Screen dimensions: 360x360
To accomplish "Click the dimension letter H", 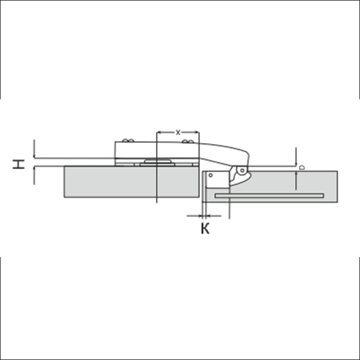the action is point(19,164).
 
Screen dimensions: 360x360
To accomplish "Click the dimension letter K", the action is point(205,228).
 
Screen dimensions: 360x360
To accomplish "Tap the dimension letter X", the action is point(178,132).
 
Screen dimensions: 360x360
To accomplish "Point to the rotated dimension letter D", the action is point(302,167).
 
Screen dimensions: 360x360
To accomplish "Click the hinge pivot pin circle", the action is point(242,171).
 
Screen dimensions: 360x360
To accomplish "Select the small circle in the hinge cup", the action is point(210,175).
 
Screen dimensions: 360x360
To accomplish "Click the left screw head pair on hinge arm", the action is point(128,140).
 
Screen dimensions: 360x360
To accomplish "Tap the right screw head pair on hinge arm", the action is point(188,141).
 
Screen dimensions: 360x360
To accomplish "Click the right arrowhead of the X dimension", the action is point(196,132).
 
